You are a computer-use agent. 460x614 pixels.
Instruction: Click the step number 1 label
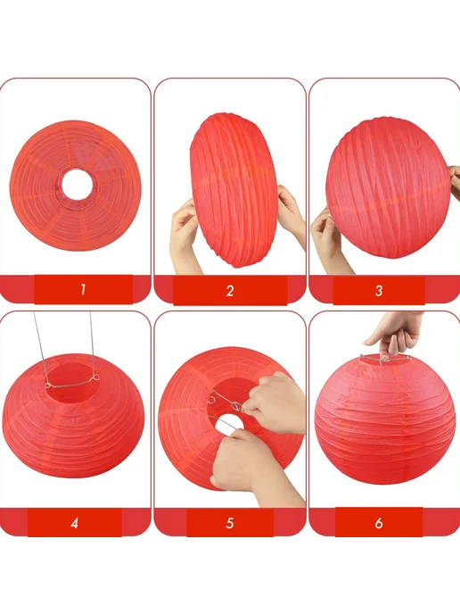click(x=83, y=290)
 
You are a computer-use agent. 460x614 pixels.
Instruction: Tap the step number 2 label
click(x=230, y=291)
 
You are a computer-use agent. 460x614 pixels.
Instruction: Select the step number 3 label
click(x=379, y=291)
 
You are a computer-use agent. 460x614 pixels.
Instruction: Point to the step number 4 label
click(x=74, y=523)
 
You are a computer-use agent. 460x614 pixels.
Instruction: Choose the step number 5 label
click(x=230, y=523)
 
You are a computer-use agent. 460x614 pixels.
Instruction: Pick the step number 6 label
click(x=379, y=523)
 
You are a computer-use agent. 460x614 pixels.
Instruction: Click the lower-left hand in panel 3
click(x=328, y=239)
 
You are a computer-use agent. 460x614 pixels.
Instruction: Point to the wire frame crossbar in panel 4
click(x=71, y=385)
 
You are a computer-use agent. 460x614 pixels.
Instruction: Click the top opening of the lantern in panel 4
click(x=71, y=382)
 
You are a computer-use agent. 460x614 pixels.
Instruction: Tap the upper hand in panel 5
click(x=274, y=403)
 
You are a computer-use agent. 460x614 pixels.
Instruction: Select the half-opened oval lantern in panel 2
click(x=234, y=190)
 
